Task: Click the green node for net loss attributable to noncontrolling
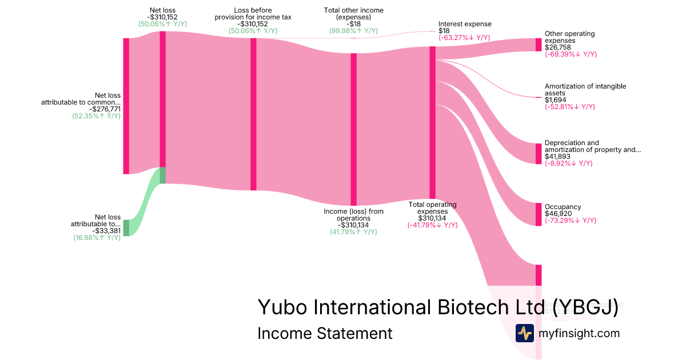click(x=126, y=227)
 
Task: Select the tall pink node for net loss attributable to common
click(x=126, y=106)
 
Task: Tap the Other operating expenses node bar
click(x=538, y=45)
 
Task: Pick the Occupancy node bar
click(x=538, y=214)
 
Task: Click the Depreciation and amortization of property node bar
click(x=538, y=154)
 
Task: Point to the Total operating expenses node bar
click(x=432, y=122)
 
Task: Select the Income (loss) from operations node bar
click(x=353, y=129)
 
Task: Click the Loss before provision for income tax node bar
click(x=253, y=114)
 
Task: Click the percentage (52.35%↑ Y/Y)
click(x=97, y=115)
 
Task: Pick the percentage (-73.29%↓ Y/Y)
click(x=571, y=221)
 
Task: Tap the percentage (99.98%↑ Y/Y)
click(x=353, y=31)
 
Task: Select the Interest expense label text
click(x=465, y=24)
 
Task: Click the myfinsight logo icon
click(x=524, y=333)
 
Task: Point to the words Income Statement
click(x=325, y=333)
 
